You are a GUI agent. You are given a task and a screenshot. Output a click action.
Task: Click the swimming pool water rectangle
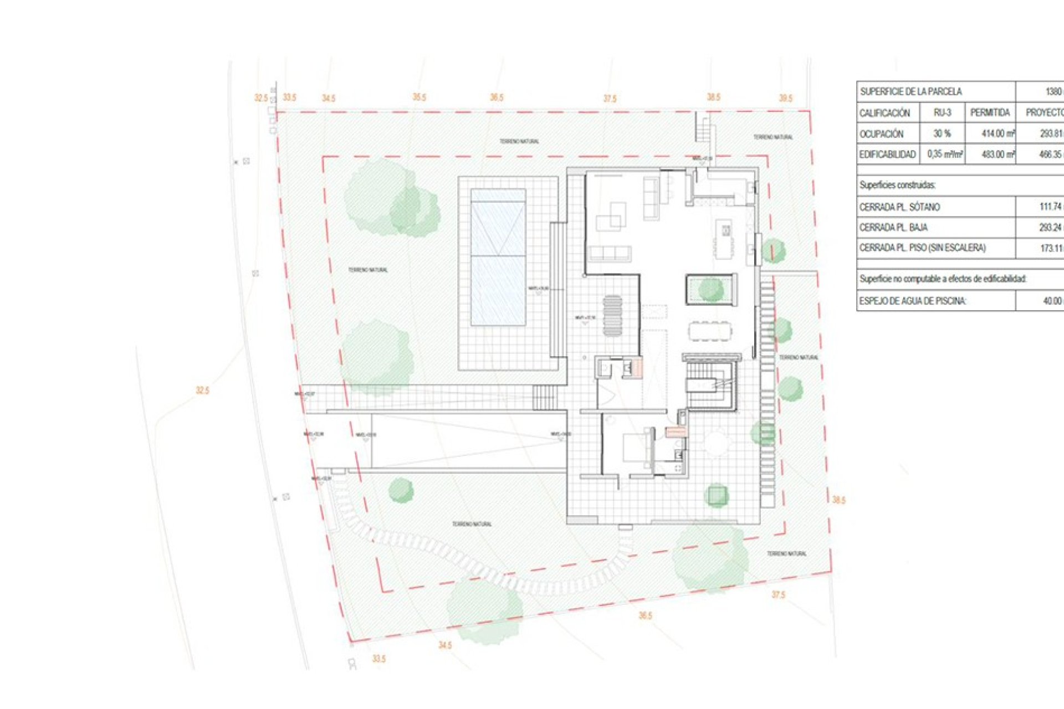(498, 257)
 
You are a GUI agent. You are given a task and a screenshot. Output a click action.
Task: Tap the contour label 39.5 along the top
(785, 98)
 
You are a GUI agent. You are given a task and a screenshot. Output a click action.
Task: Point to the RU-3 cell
(942, 112)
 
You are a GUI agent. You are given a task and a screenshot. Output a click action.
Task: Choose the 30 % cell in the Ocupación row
(942, 133)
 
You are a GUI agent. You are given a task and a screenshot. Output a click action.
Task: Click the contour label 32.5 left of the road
(202, 391)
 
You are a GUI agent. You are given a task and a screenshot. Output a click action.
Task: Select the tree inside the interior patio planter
(710, 290)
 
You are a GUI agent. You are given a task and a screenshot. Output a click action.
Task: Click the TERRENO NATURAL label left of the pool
(368, 270)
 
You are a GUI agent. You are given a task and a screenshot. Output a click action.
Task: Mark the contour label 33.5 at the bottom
(378, 659)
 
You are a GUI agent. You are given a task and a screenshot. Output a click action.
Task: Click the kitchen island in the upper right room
(724, 239)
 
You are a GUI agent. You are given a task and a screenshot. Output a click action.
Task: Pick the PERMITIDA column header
(990, 112)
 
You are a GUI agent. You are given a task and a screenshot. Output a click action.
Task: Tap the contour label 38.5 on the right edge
(838, 500)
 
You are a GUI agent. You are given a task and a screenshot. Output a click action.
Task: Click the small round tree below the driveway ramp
(401, 490)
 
